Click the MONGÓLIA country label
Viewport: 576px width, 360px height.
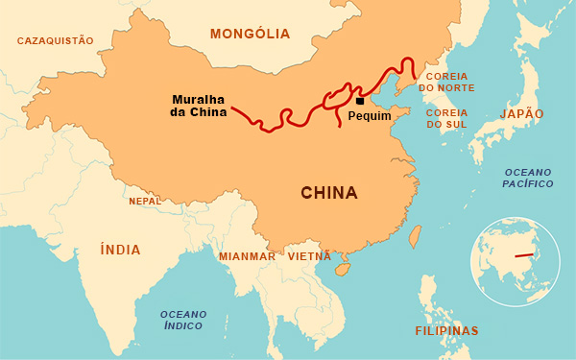[250, 34]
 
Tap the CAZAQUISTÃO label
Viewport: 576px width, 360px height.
[56, 40]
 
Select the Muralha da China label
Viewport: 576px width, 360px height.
[200, 106]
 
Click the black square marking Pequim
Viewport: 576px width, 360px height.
[360, 100]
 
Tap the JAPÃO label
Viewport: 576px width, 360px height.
[521, 113]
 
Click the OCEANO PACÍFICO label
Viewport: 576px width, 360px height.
[529, 177]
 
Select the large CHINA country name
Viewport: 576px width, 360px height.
[329, 193]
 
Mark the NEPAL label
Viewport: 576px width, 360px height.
[145, 202]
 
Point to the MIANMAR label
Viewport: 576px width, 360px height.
[247, 256]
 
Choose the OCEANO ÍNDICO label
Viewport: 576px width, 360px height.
[182, 320]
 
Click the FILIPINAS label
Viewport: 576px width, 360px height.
[446, 330]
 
